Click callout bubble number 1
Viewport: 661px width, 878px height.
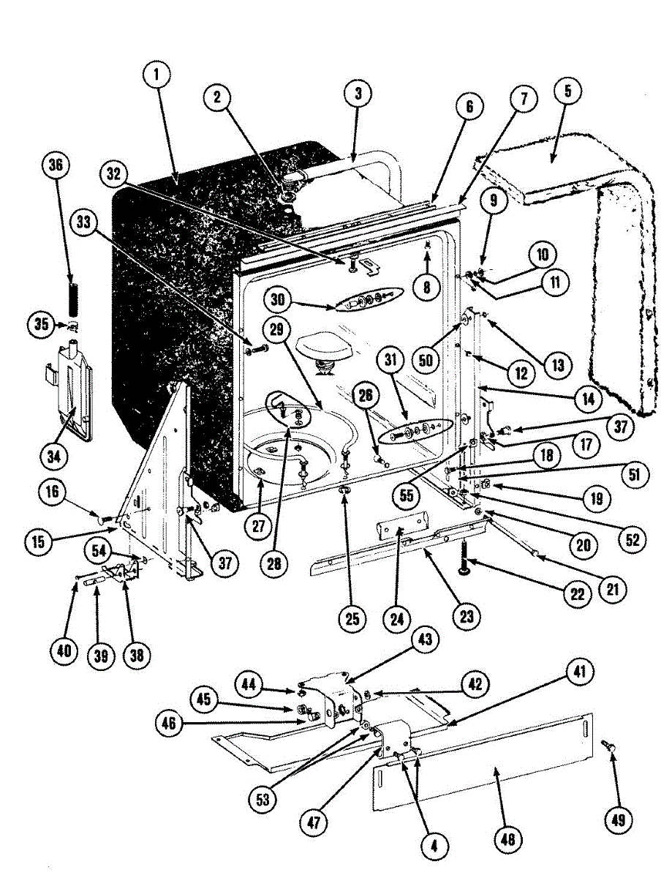point(156,74)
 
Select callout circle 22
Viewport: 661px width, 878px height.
point(577,593)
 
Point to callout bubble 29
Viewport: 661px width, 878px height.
point(276,330)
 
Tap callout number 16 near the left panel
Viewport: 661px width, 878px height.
point(52,492)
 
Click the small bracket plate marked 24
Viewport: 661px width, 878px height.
point(401,528)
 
